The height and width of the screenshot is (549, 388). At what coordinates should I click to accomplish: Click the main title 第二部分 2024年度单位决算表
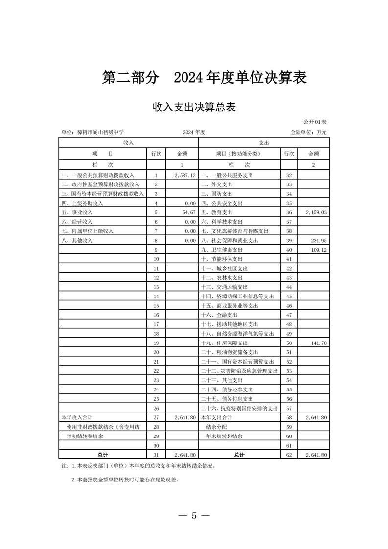tap(204, 77)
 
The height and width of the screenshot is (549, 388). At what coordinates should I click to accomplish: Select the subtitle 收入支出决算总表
tap(194, 107)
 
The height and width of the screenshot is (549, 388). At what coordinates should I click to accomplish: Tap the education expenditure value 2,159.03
tap(316, 212)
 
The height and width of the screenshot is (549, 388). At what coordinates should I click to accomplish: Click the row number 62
tap(288, 455)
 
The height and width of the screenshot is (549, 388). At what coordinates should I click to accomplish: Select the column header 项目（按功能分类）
tap(239, 154)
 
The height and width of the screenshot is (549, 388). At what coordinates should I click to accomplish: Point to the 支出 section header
tap(263, 142)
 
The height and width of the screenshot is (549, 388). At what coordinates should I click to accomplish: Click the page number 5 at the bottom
tap(194, 516)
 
